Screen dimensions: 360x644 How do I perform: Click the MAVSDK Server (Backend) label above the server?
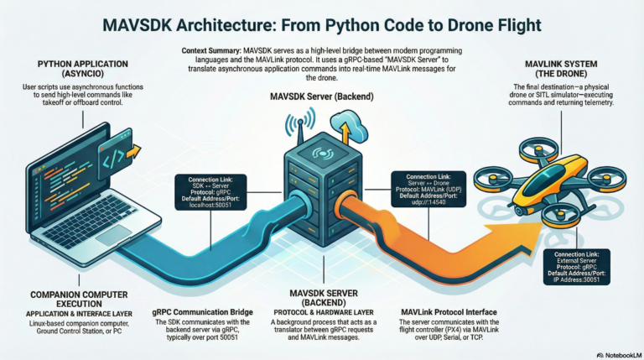(321, 97)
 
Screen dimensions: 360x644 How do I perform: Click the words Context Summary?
(212, 51)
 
